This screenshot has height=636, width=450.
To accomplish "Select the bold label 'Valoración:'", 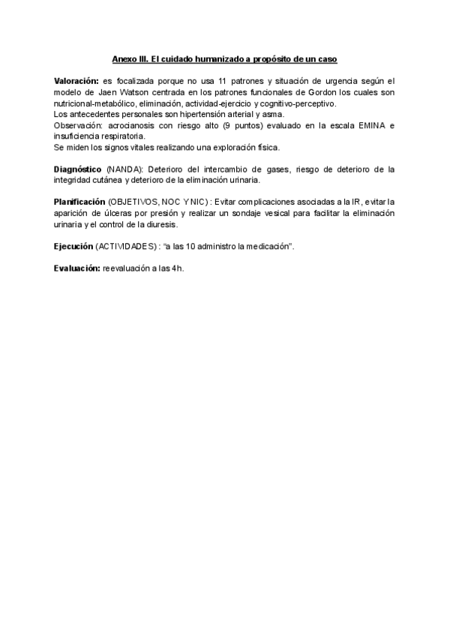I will tap(76, 80).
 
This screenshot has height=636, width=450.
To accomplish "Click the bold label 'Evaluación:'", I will tap(76, 268).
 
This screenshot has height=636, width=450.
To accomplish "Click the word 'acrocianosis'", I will tap(129, 125).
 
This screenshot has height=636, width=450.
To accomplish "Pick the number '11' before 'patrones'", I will tap(222, 80).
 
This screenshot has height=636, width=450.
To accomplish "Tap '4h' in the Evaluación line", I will tap(177, 268).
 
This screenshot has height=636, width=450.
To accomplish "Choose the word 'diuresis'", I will tap(160, 224).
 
